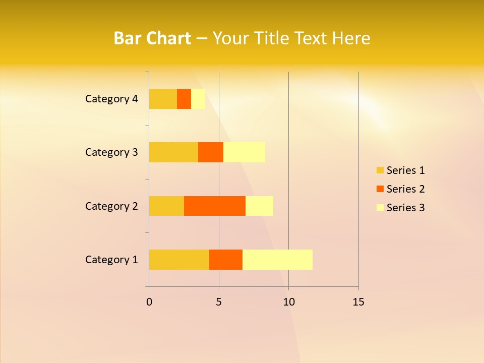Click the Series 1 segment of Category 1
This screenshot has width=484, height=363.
point(179,259)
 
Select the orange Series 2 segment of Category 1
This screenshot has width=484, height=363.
point(226,259)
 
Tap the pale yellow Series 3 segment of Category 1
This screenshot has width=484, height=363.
point(277,259)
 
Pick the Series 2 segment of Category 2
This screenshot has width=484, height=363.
point(215,206)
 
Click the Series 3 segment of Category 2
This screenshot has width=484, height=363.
point(259,206)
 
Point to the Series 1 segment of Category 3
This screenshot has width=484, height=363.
point(173,152)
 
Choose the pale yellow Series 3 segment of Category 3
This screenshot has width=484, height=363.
point(244,152)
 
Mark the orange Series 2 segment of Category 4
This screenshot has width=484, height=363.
point(184,99)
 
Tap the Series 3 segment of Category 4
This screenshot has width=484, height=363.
point(198,99)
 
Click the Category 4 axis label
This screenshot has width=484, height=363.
point(111,99)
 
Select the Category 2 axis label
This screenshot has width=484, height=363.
point(111,206)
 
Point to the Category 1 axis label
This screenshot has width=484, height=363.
point(111,260)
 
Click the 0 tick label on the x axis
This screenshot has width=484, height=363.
point(149,302)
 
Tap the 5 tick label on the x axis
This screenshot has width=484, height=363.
point(219,302)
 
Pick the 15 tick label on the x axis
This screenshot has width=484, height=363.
point(358,302)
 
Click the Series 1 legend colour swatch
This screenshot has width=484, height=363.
point(380,170)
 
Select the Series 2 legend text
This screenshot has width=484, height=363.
point(405,189)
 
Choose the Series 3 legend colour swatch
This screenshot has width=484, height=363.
point(380,208)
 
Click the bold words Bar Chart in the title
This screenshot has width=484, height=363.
point(152,38)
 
